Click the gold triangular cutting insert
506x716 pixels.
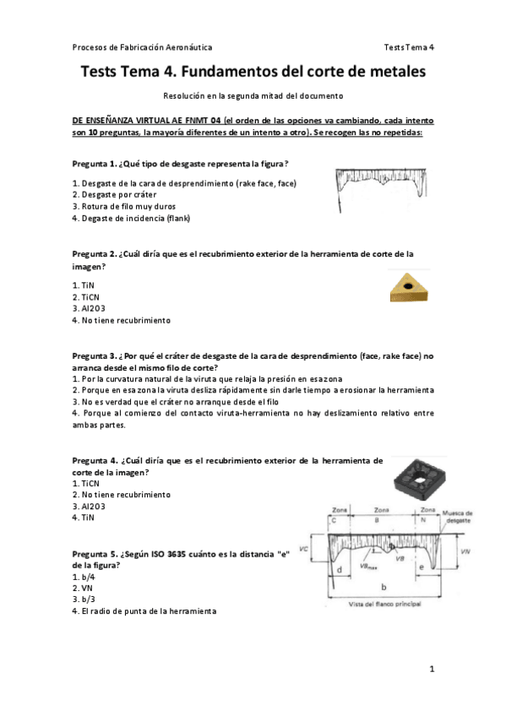pos(410,287)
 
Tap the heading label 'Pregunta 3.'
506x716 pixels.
pos(93,356)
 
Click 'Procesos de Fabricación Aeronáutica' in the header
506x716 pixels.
pos(142,46)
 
